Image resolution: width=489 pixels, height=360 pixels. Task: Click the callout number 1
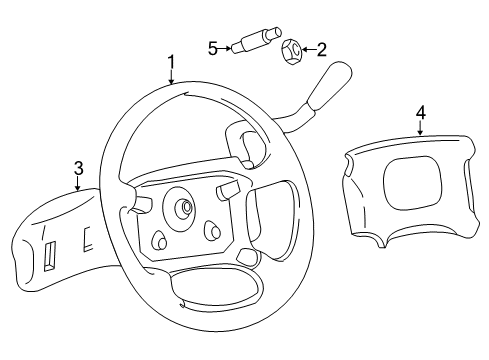(171, 63)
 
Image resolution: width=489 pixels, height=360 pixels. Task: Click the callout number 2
(322, 47)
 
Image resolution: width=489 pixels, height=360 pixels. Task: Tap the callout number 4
(421, 113)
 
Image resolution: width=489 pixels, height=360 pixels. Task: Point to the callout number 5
(212, 47)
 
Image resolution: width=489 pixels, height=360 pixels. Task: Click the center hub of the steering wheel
(184, 209)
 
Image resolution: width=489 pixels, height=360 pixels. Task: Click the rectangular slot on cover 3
(48, 260)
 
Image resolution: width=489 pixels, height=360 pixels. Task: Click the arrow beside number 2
(309, 47)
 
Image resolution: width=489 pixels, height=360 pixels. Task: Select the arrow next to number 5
(225, 47)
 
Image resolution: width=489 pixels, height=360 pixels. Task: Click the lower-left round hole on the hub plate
(158, 241)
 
